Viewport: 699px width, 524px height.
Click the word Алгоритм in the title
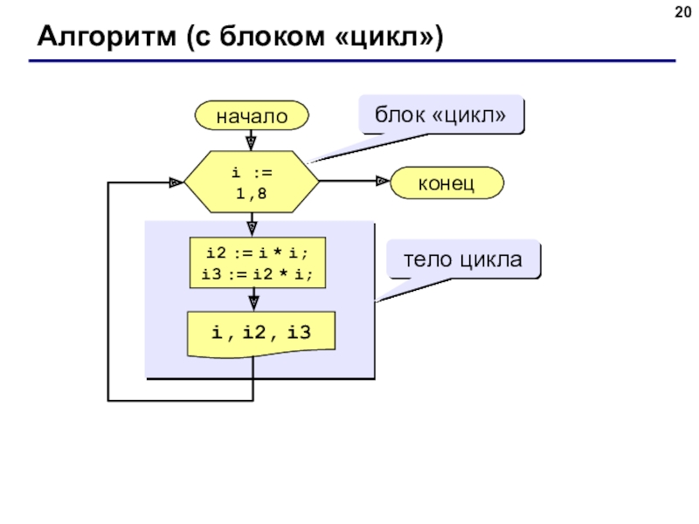[107, 37]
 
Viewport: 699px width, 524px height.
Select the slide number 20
[683, 12]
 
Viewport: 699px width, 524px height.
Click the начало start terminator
[252, 115]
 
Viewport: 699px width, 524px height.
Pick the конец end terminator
[446, 183]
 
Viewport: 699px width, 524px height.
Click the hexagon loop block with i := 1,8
[252, 182]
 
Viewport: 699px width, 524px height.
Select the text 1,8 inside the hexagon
[251, 194]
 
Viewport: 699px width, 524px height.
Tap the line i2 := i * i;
[257, 253]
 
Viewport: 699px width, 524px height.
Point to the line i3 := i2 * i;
[257, 274]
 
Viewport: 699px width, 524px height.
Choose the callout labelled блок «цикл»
[441, 114]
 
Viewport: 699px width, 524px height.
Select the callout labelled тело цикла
[463, 259]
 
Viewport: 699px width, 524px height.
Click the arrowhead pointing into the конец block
[383, 181]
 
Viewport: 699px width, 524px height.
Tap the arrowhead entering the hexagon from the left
[176, 183]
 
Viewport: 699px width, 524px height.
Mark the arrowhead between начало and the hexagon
[251, 143]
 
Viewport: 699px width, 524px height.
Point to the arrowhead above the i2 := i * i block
[252, 229]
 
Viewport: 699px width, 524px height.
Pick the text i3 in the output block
[299, 333]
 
